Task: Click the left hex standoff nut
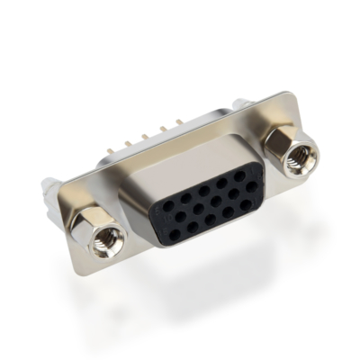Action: coord(96,229)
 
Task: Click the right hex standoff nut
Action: coord(287,152)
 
